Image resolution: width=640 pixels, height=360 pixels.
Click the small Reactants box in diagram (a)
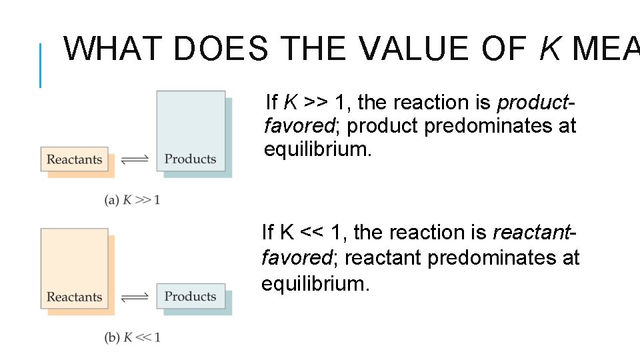click(x=74, y=160)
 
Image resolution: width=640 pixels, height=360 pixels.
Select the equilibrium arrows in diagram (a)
click(x=136, y=160)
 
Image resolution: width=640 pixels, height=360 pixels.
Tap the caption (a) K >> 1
click(x=132, y=200)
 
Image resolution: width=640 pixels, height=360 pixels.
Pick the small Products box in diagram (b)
click(x=191, y=296)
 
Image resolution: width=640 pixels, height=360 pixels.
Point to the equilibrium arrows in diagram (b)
click(x=136, y=297)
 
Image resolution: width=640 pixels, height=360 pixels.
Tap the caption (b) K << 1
click(x=132, y=337)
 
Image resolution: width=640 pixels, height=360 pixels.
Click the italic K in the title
click(x=549, y=49)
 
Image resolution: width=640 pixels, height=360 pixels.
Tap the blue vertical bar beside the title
click(x=40, y=65)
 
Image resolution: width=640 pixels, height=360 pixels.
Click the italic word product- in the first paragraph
click(x=536, y=103)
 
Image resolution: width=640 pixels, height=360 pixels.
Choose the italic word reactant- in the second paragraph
click(x=534, y=233)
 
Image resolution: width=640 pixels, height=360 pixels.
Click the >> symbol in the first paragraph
click(x=316, y=103)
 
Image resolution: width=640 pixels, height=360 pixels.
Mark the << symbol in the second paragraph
click(x=313, y=233)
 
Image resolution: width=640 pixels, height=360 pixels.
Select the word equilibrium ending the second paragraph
click(x=315, y=283)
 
